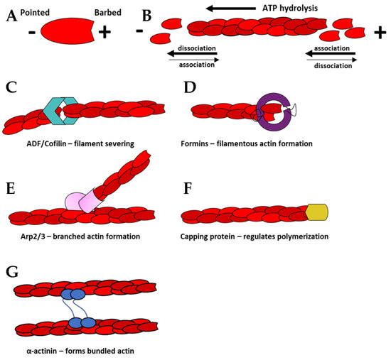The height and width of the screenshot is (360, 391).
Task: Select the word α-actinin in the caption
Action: click(x=34, y=350)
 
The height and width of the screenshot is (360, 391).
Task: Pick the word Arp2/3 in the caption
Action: click(x=26, y=236)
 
